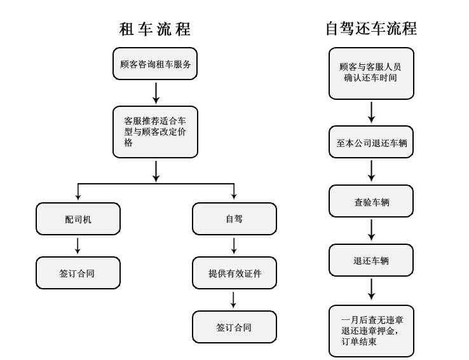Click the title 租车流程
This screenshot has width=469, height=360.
click(155, 29)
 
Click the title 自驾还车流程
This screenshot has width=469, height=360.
click(371, 29)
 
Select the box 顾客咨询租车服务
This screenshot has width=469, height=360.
click(156, 64)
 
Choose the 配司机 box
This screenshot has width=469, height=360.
click(78, 219)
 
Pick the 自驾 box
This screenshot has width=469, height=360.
click(234, 219)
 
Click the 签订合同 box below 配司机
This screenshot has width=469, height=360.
click(78, 273)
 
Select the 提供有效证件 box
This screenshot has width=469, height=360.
click(234, 273)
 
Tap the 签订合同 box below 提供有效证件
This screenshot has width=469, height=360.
click(234, 327)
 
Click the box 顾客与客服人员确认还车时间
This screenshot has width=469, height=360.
click(371, 73)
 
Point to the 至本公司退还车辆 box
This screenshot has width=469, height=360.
click(371, 143)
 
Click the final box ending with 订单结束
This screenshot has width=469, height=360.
click(371, 331)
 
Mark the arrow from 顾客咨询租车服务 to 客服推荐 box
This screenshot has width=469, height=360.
click(156, 92)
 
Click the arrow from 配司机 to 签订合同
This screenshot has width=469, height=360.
click(78, 246)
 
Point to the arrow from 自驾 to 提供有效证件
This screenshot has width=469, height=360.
click(234, 246)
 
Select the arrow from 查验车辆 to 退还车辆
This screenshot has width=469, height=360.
click(371, 230)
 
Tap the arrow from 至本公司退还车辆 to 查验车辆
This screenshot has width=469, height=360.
click(371, 171)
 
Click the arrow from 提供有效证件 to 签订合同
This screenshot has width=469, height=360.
click(234, 300)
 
